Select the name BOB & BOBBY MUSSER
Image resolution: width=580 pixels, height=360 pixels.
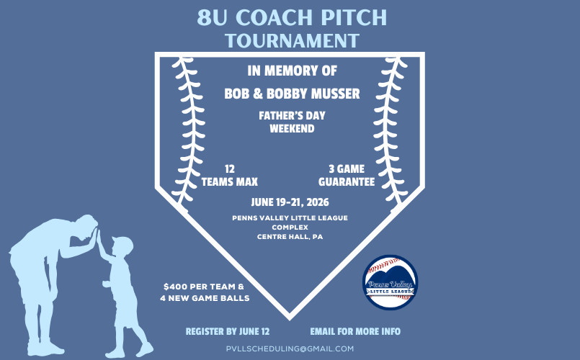pos(292,94)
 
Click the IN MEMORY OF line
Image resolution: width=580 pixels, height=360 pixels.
pos(292,71)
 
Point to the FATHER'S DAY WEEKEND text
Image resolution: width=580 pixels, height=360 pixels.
pos(292,122)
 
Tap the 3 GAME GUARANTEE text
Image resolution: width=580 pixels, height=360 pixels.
pos(347,176)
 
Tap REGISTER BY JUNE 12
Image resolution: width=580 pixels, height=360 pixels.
pos(228,332)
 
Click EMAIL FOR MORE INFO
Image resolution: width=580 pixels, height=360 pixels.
pos(355,332)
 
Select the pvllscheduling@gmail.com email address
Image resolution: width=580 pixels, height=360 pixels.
pos(291,348)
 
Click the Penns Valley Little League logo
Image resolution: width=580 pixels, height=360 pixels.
pos(390,282)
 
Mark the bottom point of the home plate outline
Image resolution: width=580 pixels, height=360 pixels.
pos(290,316)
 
